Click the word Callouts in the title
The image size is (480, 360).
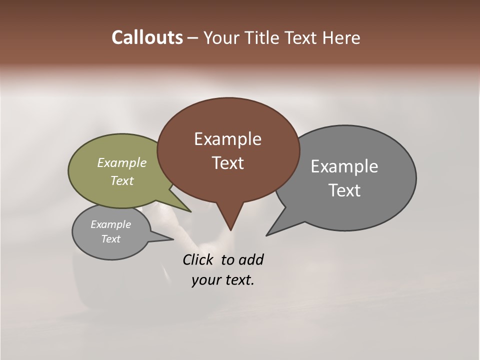tap(147, 38)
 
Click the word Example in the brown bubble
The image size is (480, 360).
tap(227, 139)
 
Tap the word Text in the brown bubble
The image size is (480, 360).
tap(227, 163)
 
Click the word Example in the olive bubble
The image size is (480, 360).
tap(122, 163)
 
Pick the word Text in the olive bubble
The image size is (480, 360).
tap(122, 181)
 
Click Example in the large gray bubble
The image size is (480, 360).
tap(344, 166)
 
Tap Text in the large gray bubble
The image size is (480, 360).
tap(344, 190)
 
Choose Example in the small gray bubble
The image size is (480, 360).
tap(110, 224)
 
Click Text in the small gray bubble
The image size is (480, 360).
tap(110, 239)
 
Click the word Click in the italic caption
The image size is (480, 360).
tap(198, 260)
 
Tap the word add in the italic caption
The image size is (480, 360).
tap(251, 260)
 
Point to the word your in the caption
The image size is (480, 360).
tap(204, 280)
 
